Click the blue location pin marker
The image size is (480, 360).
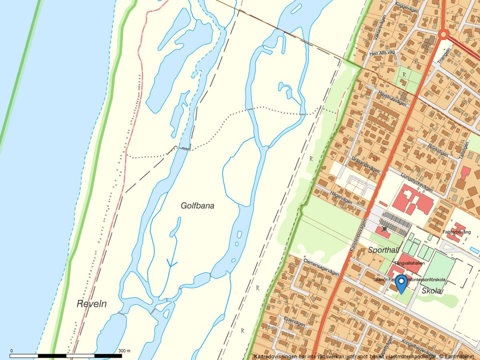(x=401, y=284)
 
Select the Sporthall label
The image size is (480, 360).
(x=382, y=249)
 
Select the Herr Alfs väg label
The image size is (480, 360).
(x=382, y=53)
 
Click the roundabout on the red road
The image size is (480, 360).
(x=444, y=34)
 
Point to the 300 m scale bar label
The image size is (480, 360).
(x=125, y=351)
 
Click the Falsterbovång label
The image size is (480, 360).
(x=456, y=231)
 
